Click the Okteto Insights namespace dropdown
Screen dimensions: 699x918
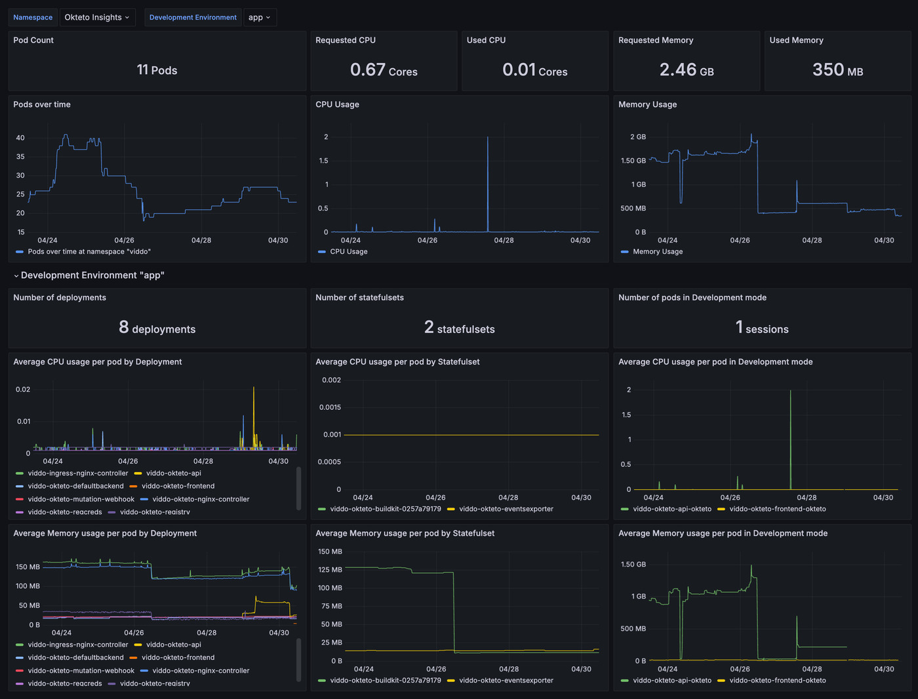(x=97, y=18)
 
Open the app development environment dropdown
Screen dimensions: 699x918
(x=259, y=18)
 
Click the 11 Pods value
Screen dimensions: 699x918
(x=157, y=70)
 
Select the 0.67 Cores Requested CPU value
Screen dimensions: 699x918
(x=384, y=70)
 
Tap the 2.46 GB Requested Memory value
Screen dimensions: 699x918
(x=687, y=70)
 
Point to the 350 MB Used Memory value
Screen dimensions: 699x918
(x=837, y=70)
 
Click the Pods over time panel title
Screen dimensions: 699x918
(x=42, y=104)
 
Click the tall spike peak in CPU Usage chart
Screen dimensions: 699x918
(x=487, y=138)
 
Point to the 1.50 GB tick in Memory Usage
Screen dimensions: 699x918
(x=633, y=161)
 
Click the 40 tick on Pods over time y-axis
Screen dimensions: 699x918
(x=20, y=138)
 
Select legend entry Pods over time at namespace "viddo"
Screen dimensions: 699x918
(x=89, y=252)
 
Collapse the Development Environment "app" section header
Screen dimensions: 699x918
(x=89, y=275)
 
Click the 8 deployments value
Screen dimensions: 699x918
(x=157, y=329)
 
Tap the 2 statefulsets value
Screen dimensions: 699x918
(x=459, y=329)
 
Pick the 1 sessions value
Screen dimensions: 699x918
(x=762, y=329)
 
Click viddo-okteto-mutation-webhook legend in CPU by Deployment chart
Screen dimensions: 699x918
(x=81, y=499)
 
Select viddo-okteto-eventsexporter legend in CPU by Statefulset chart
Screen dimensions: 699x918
(x=506, y=509)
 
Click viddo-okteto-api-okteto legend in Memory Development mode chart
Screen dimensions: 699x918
(x=671, y=681)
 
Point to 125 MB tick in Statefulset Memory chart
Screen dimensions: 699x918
(x=330, y=570)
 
